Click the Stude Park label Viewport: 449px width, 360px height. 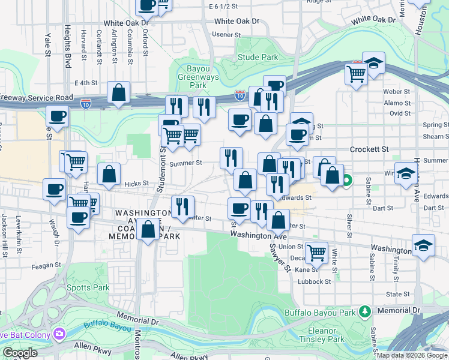pos(258,58)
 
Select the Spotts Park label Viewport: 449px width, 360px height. pos(89,287)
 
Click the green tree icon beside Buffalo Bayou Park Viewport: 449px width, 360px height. pos(364,311)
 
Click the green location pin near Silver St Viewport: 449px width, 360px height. pos(347,179)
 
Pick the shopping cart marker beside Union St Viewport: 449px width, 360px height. pos(316,251)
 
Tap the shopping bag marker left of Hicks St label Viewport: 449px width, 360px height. pos(109,175)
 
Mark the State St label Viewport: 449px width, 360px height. pos(397,294)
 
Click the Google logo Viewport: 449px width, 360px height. pos(20,353)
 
